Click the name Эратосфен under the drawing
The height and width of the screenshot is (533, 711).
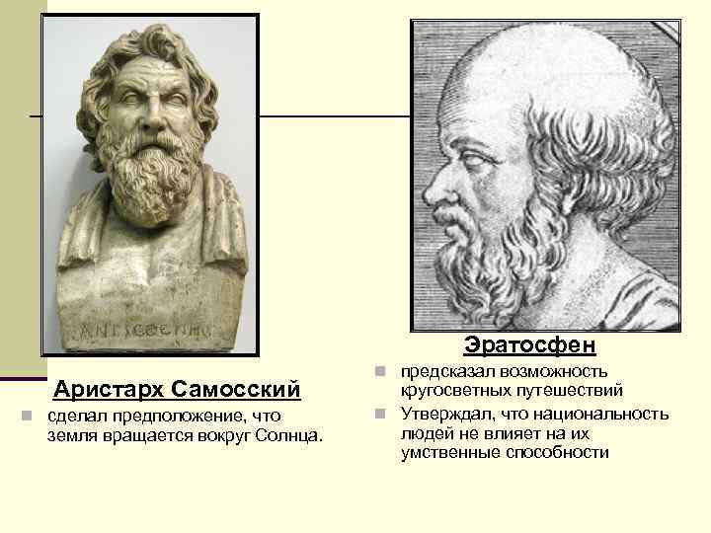[529, 345]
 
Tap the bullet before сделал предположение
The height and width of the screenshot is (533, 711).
[33, 415]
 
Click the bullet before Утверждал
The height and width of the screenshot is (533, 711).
[381, 414]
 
